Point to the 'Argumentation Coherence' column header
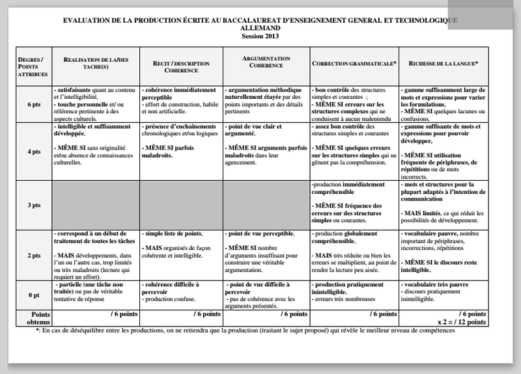coord(266,62)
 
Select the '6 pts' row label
coord(34,105)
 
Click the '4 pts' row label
coord(34,152)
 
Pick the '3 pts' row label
coord(34,205)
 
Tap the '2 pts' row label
coord(34,256)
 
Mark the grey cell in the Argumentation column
coord(266,205)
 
